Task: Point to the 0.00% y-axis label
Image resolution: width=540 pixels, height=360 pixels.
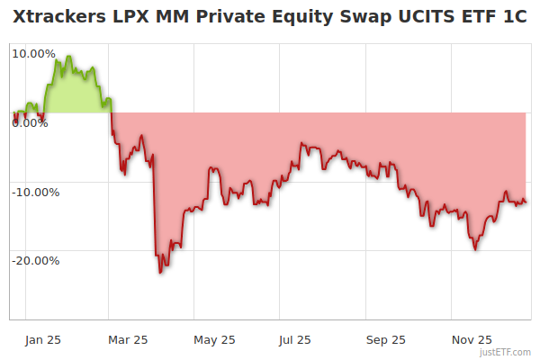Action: [30, 122]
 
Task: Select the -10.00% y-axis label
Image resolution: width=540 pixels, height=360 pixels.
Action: [34, 192]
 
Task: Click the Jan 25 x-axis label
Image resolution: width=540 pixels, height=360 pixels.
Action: [42, 339]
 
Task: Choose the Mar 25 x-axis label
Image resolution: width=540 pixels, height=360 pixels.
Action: [128, 339]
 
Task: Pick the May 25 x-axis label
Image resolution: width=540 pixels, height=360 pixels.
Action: [214, 339]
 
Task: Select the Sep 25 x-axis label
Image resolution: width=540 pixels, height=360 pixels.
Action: [386, 339]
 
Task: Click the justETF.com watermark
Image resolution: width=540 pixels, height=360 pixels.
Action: [504, 353]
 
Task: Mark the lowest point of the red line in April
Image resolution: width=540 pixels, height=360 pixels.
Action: [160, 272]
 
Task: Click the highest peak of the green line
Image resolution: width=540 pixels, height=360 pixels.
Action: [68, 56]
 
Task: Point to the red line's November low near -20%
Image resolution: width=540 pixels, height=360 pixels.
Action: [475, 249]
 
